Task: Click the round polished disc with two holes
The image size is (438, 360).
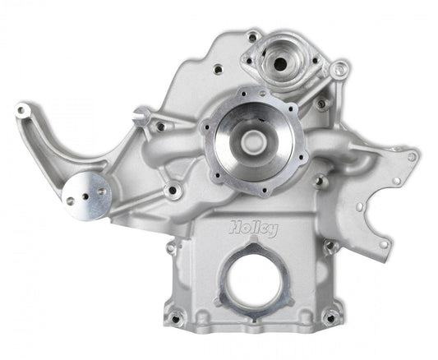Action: tap(85, 194)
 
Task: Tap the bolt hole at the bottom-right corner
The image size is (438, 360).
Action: tap(332, 316)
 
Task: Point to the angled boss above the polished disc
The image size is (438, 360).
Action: tap(141, 115)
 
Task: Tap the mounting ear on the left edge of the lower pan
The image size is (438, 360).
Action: tap(169, 247)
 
